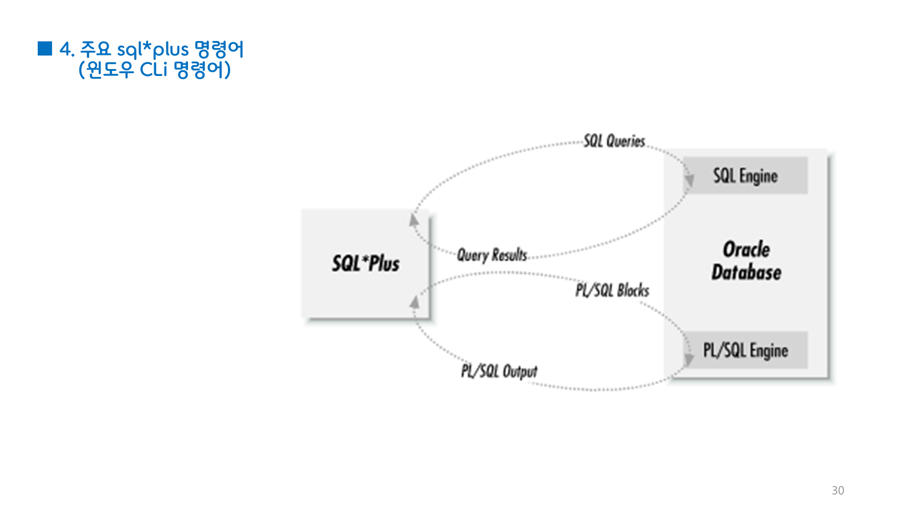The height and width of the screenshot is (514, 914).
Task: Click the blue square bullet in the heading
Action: pos(45,49)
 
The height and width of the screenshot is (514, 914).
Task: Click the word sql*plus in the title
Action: pos(153,50)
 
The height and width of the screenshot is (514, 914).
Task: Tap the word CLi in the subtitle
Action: pos(154,70)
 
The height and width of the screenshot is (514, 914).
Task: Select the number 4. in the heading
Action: pos(67,50)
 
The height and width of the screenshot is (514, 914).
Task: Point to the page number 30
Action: pos(837,491)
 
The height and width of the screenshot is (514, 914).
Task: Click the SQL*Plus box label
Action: pos(366,263)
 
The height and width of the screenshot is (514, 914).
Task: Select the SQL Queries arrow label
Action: pos(614,141)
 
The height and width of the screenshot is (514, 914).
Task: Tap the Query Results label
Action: pos(492,255)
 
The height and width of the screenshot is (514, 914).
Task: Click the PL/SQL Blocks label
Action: pos(612,291)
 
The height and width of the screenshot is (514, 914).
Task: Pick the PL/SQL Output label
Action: pos(499,372)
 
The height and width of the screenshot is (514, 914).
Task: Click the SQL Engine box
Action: pos(745,176)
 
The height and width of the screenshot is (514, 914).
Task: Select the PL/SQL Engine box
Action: pos(745,350)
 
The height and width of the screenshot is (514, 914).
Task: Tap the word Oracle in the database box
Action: pos(746,250)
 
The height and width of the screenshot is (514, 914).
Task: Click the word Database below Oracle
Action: pos(746,272)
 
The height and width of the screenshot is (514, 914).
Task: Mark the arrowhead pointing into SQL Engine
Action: pos(689,180)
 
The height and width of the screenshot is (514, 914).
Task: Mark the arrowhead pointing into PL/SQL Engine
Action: pos(689,358)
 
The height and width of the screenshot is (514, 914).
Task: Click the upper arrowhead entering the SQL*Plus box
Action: pos(414,220)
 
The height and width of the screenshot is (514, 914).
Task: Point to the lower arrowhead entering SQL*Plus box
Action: pos(415,302)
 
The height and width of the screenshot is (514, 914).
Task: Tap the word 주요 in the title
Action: pos(95,49)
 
